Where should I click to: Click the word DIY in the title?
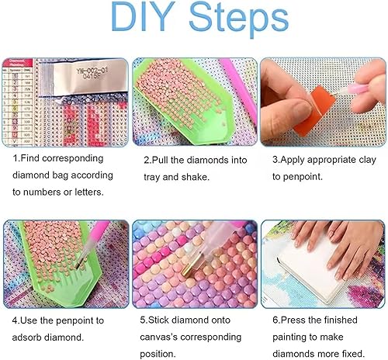pos(140,16)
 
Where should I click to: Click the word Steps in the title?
pos(239,19)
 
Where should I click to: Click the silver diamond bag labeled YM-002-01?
pos(90,77)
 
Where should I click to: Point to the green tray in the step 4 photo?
pos(60,262)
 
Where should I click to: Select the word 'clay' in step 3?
pos(367,160)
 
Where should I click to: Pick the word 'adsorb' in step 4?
pos(26,337)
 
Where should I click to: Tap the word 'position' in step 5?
pos(157,354)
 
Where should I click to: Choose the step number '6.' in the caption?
pos(276,320)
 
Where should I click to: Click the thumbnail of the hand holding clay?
pos(324,102)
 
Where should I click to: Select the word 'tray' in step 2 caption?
pos(152,178)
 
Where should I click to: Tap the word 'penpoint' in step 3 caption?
pos(303,177)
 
